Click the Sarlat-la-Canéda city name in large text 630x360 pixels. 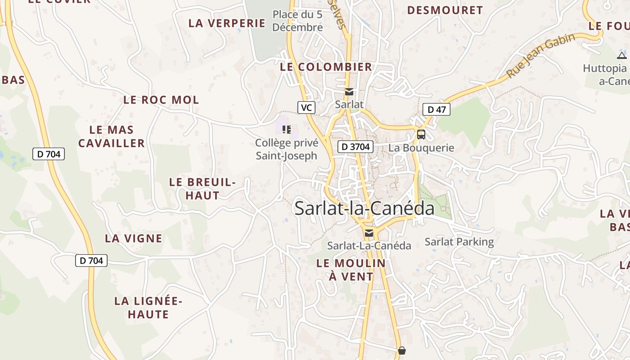(x=364, y=208)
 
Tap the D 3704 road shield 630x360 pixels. (x=355, y=146)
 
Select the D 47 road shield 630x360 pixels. (x=436, y=109)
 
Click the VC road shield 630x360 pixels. (x=306, y=108)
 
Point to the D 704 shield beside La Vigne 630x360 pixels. (x=91, y=260)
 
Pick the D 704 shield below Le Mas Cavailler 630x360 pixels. (x=49, y=154)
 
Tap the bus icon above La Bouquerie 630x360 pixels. (x=421, y=134)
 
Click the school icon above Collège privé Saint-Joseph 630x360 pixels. (x=287, y=130)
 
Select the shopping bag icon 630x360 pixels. (x=402, y=350)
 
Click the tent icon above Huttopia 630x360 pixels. (x=622, y=55)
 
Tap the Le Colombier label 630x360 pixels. (x=326, y=67)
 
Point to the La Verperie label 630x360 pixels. (x=227, y=23)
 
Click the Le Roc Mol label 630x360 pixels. (x=161, y=100)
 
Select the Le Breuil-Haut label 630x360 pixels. (x=202, y=189)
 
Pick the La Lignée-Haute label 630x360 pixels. (x=148, y=307)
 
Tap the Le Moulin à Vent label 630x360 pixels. (x=351, y=270)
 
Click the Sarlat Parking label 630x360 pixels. (x=459, y=242)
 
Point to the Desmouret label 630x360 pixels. (x=445, y=10)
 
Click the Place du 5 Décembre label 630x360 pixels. (x=298, y=21)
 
